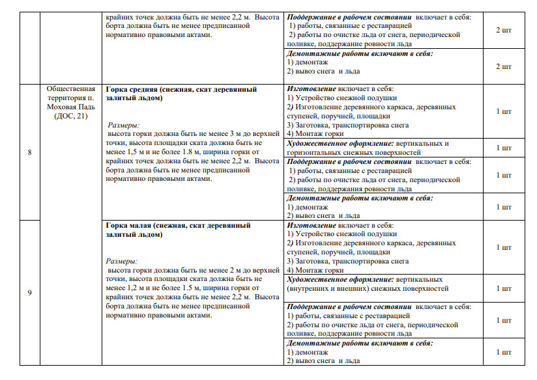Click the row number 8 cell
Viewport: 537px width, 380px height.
(29, 152)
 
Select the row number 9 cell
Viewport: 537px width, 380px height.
(29, 292)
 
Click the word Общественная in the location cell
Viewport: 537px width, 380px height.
(71, 89)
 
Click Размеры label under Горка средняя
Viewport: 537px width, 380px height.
(123, 125)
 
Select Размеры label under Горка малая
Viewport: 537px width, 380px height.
(123, 261)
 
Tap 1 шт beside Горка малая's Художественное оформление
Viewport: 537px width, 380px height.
(504, 288)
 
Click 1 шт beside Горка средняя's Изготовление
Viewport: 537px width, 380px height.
(504, 111)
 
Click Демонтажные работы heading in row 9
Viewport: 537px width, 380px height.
(334, 343)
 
